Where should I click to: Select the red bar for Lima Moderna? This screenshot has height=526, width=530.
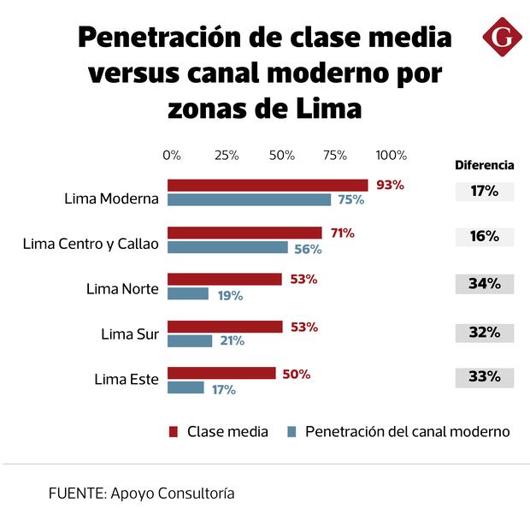[x=267, y=185]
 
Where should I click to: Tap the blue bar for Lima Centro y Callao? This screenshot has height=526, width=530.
[x=227, y=248]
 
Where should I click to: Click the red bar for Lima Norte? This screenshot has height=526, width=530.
[x=224, y=279]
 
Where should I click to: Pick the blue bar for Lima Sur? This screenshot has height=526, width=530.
[x=190, y=340]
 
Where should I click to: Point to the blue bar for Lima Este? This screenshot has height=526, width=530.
[x=185, y=388]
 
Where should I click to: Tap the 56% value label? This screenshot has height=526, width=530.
[x=307, y=249]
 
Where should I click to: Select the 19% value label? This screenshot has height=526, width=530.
[x=228, y=295]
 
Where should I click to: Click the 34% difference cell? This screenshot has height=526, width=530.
[x=484, y=284]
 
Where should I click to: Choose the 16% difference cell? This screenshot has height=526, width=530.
[x=484, y=236]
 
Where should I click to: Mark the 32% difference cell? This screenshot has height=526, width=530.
[x=484, y=332]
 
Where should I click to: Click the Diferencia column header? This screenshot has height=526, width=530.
[x=484, y=165]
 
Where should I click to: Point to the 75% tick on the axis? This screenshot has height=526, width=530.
[x=335, y=155]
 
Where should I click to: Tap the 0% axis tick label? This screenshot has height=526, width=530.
[x=171, y=155]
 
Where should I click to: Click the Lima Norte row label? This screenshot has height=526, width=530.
[x=122, y=288]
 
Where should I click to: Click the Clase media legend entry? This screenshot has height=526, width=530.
[x=219, y=431]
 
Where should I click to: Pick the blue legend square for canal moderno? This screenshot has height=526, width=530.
[x=291, y=431]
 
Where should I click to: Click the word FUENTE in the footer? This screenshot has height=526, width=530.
[x=75, y=493]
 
